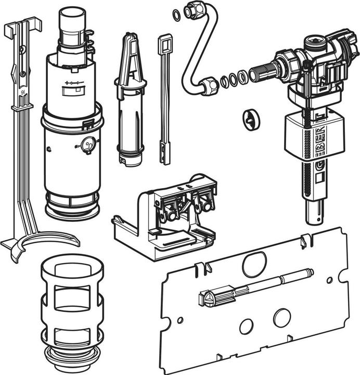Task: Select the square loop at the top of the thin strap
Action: click(165, 41)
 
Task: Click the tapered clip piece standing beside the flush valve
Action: click(128, 99)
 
